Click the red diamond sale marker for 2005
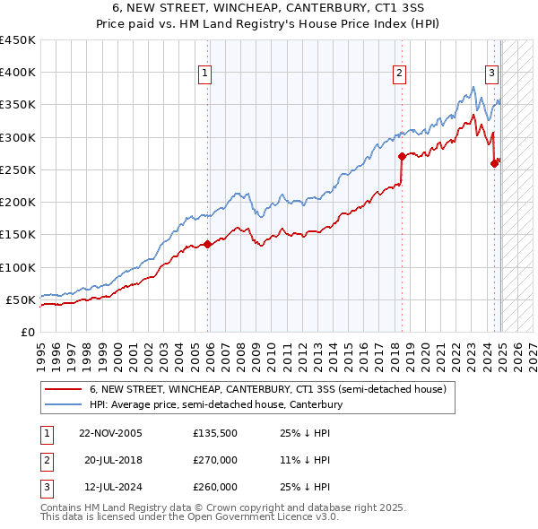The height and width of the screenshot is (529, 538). [x=207, y=244]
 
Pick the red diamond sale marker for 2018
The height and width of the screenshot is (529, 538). [x=402, y=156]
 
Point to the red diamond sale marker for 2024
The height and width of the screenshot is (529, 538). [x=494, y=163]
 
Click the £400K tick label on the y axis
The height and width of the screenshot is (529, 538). [x=18, y=73]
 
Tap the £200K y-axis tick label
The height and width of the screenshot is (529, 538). [x=18, y=203]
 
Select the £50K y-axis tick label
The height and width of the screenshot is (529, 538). [x=22, y=299]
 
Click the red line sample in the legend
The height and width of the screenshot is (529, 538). [x=64, y=389]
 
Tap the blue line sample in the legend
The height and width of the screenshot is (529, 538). [x=64, y=404]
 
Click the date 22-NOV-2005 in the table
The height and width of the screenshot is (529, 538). [x=110, y=433]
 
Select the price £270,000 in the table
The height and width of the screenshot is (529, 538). [x=215, y=460]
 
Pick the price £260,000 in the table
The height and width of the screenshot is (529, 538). [x=215, y=487]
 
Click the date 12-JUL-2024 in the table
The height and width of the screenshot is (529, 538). [x=110, y=487]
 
